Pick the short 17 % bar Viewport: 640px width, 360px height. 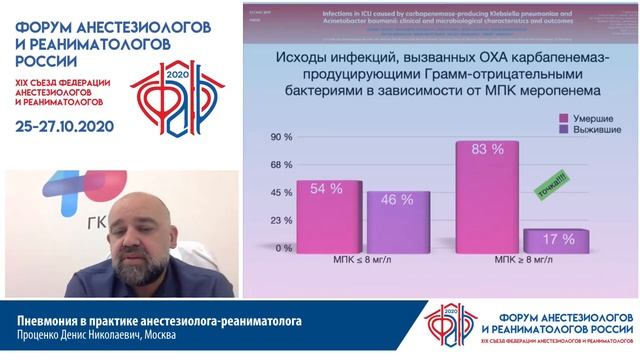pos(549,239)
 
